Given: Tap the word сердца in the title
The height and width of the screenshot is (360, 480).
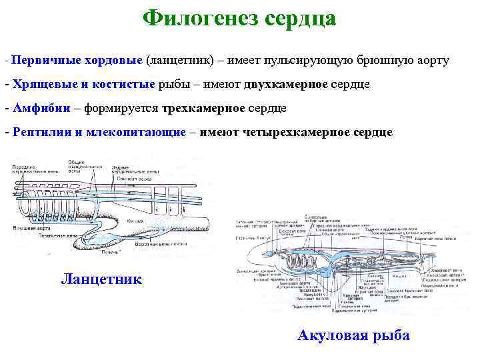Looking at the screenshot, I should click(300, 18).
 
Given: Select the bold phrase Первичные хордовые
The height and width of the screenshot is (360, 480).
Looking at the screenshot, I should click(77, 61).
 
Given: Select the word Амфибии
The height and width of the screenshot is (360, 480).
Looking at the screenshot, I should click(40, 108).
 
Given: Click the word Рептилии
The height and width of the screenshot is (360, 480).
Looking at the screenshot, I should click(41, 132).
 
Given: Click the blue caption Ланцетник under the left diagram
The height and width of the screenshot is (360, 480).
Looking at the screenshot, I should click(101, 278).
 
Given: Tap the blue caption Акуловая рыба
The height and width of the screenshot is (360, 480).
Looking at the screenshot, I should click(353, 335).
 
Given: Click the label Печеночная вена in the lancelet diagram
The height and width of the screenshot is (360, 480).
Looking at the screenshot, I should click(39, 235).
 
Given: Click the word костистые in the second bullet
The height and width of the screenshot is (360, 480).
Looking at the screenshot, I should click(126, 85).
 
